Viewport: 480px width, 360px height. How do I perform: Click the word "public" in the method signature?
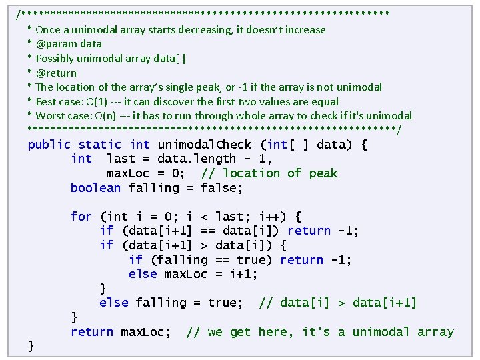[49, 145]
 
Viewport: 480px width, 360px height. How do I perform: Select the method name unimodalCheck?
[205, 145]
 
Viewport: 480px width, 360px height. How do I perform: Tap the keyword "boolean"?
[96, 188]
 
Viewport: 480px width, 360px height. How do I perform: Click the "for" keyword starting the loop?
[81, 216]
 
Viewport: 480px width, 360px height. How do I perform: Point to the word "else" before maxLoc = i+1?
[143, 274]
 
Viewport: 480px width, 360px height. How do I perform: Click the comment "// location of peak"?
[269, 173]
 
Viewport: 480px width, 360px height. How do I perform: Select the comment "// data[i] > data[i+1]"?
[337, 303]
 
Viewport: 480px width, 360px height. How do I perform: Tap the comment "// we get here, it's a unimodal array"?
[320, 332]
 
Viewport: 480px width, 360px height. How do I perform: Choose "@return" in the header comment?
[56, 73]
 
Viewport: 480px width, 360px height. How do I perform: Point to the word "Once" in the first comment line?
[48, 30]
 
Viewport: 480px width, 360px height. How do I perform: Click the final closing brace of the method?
[31, 345]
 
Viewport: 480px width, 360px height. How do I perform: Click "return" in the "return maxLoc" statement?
[92, 332]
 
